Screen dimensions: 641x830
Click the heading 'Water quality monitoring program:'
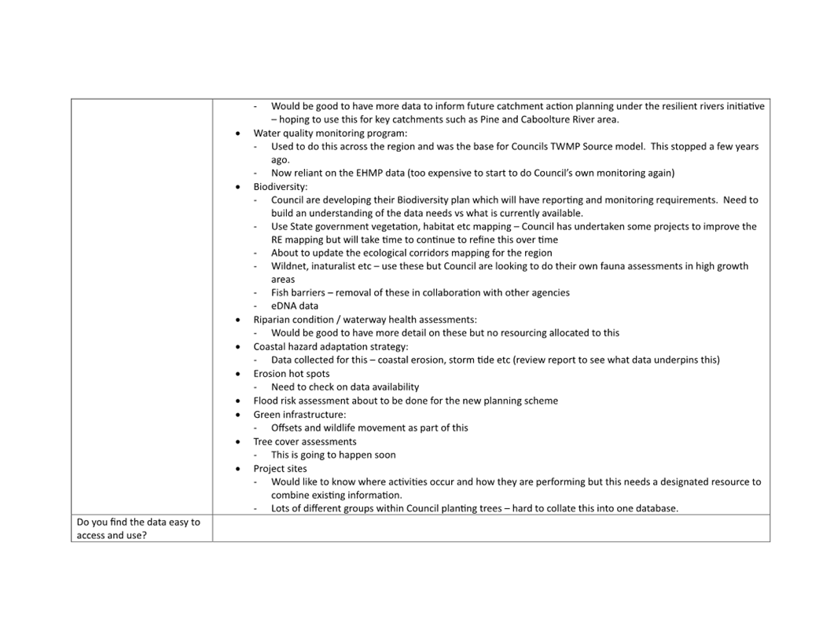coord(330,133)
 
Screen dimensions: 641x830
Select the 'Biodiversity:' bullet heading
coord(280,187)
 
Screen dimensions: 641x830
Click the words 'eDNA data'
coord(295,306)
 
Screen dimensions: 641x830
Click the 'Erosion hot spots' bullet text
coord(291,373)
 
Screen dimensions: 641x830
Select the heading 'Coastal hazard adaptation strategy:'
coord(330,346)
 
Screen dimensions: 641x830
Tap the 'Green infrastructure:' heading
coord(299,414)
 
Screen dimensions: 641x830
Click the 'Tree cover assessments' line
coord(304,441)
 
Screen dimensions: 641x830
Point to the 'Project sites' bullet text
coord(280,468)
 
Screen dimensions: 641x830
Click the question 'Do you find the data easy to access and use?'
coord(138,528)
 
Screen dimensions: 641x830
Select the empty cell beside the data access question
coord(490,528)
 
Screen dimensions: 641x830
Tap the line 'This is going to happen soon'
coord(333,455)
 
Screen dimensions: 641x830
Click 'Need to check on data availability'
coord(345,386)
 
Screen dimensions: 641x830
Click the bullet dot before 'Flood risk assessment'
coord(238,401)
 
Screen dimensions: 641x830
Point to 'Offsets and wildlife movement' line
coord(369,427)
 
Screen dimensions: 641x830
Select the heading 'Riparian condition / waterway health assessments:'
coord(365,320)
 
